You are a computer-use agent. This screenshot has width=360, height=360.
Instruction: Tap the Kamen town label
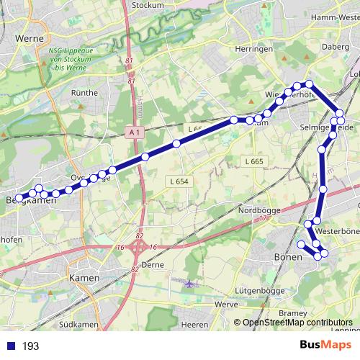tap(84, 277)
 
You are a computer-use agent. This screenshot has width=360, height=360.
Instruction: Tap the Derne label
tap(153, 264)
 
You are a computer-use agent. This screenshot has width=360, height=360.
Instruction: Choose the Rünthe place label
tap(85, 93)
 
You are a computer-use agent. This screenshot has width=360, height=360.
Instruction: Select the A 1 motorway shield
tap(134, 132)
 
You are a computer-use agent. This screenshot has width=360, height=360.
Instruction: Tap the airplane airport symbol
tap(189, 283)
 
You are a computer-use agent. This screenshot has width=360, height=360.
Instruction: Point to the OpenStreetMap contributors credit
tap(297, 323)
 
